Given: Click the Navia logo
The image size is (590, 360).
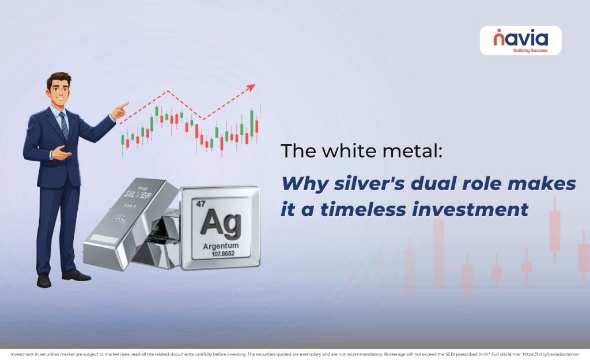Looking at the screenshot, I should tap(520, 40).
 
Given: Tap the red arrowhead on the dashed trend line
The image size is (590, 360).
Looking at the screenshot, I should tap(251, 88).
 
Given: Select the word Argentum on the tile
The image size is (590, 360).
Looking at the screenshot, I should tap(220, 246).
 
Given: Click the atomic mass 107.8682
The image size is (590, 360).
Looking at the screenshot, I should tap(220, 254).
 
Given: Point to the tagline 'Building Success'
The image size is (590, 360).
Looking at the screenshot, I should tap(530, 51).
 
